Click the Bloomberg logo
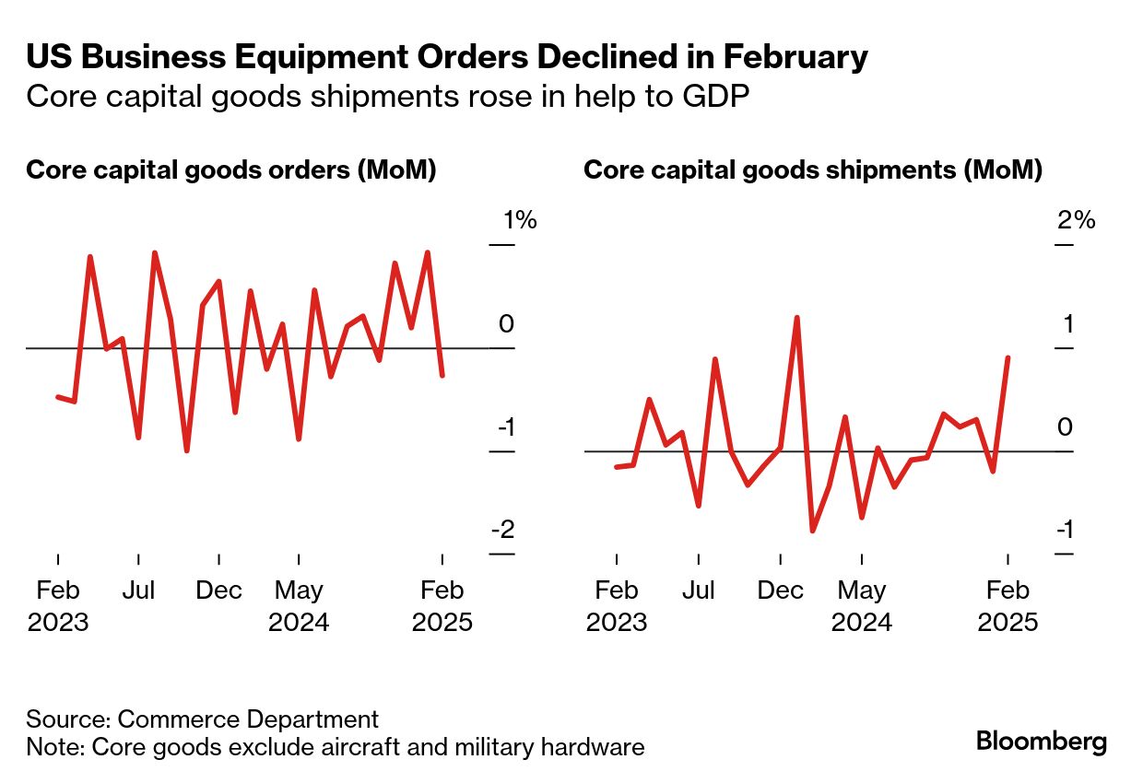(x=1041, y=742)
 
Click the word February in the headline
(x=795, y=57)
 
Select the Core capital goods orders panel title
(x=230, y=170)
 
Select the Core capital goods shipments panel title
(x=813, y=170)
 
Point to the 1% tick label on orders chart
(x=519, y=221)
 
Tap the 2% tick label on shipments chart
(x=1077, y=221)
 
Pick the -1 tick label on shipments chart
(x=1063, y=531)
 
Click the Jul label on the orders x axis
(x=138, y=590)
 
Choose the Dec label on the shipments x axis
(x=781, y=590)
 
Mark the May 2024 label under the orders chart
(x=299, y=606)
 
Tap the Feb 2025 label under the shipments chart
(x=1007, y=606)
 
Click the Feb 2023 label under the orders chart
(x=58, y=606)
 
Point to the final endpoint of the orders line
(x=443, y=375)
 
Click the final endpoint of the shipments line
(x=1008, y=357)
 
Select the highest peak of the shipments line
(x=796, y=318)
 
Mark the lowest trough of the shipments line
(x=812, y=531)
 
